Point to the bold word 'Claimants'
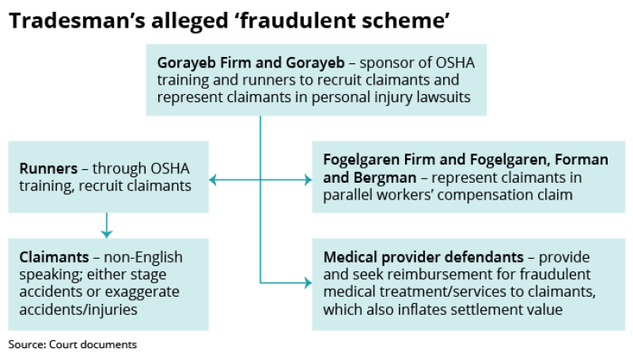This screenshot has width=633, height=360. (x=54, y=257)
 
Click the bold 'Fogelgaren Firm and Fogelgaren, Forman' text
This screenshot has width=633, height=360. (x=466, y=160)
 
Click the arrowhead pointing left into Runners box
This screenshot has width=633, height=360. (x=213, y=180)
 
